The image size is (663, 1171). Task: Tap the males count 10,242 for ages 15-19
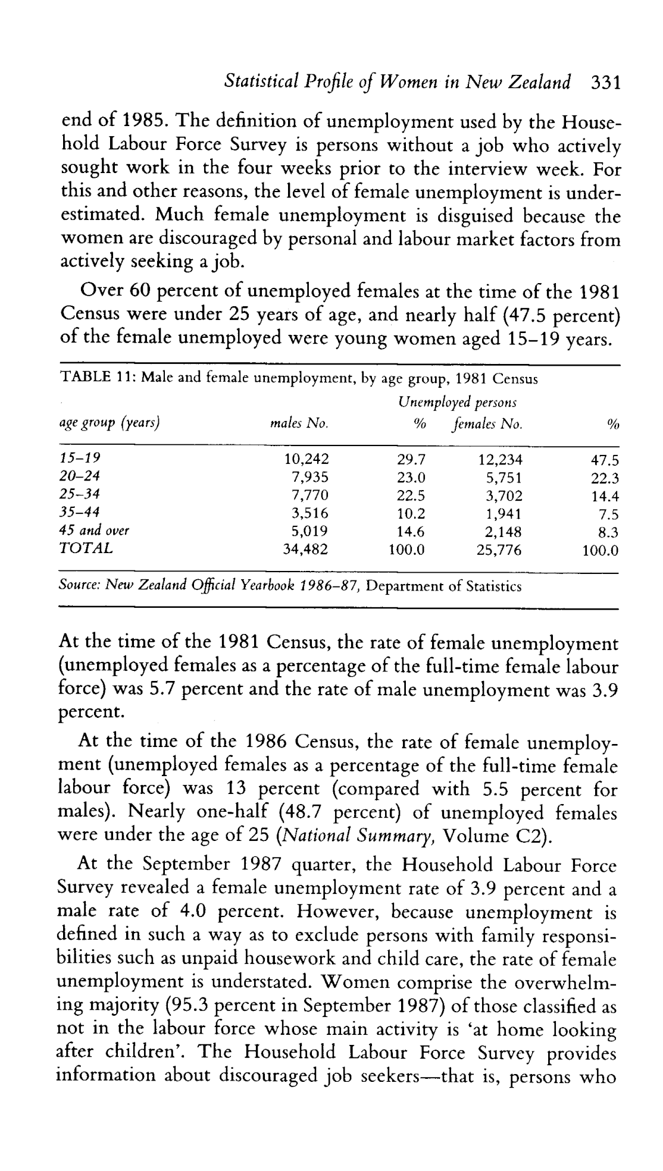(307, 459)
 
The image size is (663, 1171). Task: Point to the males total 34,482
(305, 550)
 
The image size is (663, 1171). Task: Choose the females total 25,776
(499, 550)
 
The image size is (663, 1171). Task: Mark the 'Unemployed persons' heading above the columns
(456, 403)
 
